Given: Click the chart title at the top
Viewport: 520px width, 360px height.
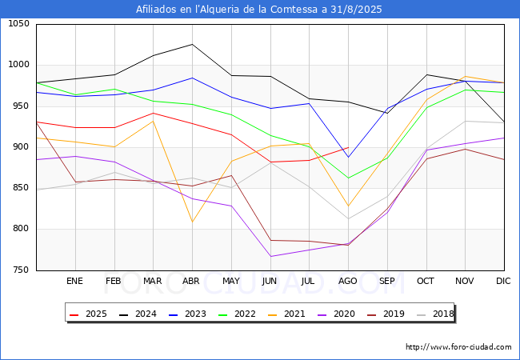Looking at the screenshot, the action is click(x=259, y=10).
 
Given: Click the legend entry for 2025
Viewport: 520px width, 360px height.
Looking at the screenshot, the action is click(x=89, y=314).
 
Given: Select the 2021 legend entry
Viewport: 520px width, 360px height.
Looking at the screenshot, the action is click(x=286, y=314).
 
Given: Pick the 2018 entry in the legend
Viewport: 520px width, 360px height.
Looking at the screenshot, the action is click(x=435, y=314).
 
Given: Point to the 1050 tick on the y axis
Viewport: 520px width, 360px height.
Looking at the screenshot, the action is click(x=18, y=23).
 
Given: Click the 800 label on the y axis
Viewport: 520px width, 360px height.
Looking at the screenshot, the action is click(x=21, y=228).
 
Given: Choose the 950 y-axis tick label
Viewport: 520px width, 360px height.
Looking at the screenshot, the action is click(x=21, y=106).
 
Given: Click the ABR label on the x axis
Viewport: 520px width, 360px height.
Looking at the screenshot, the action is click(x=191, y=281).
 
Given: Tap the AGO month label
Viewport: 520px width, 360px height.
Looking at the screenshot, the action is click(x=347, y=281).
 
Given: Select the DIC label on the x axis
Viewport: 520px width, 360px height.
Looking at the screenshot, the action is click(x=503, y=281).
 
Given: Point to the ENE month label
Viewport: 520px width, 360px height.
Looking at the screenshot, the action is click(x=74, y=281).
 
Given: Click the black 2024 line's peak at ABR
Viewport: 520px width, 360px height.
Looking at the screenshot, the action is click(x=192, y=44).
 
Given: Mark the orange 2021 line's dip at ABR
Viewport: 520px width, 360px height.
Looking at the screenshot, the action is click(x=192, y=222).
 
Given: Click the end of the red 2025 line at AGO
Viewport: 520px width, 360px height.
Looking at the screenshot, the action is click(x=348, y=147).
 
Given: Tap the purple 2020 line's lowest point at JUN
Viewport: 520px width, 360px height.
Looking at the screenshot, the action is click(x=270, y=256).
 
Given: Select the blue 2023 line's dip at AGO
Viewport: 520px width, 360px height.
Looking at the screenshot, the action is click(x=348, y=157).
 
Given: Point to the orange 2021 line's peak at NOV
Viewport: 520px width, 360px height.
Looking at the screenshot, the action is click(x=466, y=76).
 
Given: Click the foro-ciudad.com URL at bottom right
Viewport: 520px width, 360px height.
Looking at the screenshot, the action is click(x=458, y=346).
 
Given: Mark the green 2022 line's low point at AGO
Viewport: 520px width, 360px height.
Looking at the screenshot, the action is click(x=348, y=178).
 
